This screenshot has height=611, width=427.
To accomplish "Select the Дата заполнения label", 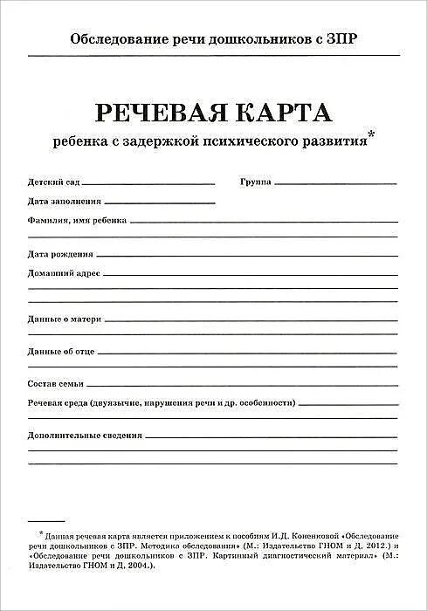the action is (x=58, y=202).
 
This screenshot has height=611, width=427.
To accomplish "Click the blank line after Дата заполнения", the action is (x=153, y=203).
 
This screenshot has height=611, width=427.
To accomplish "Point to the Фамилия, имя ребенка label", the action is (x=78, y=220).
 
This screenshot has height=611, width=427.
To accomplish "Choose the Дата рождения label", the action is (x=60, y=255).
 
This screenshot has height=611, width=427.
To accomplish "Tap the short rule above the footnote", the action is (x=46, y=521).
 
